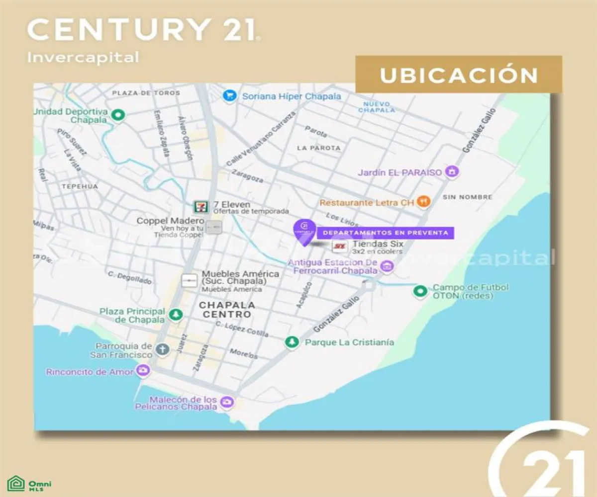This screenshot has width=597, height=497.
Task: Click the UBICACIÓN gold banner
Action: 458,75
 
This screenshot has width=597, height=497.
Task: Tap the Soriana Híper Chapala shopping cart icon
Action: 229,96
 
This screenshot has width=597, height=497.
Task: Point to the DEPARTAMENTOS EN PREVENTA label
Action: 386,233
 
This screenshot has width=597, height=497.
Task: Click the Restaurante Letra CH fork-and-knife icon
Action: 423,202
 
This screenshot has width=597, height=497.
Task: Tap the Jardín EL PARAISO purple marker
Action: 452,172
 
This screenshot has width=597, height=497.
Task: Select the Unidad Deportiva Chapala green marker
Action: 118,116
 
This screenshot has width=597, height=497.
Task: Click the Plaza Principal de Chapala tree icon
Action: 176,314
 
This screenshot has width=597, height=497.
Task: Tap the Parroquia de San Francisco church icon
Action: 162,349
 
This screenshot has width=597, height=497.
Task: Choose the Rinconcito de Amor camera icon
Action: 143,370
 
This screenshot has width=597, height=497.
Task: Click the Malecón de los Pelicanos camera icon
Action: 227,402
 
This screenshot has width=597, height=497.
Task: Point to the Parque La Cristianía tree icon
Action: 292,342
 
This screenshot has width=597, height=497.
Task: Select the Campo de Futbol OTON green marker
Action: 420,291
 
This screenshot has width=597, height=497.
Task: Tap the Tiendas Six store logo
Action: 339,247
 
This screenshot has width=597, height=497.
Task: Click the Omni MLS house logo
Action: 16,484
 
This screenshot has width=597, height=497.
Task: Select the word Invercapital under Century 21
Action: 83,57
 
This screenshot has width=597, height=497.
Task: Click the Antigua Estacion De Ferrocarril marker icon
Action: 387,267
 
